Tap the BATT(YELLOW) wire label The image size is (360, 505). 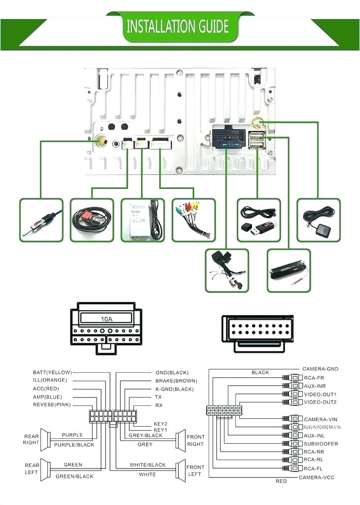point(52,372)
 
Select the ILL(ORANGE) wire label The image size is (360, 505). point(50,380)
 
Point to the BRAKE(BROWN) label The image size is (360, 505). point(176,381)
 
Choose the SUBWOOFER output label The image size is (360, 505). point(321,444)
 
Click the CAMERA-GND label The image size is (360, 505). point(321,369)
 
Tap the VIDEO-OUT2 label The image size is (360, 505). point(320,402)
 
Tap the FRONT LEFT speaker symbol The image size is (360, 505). point(180,470)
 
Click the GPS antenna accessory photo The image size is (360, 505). point(318,220)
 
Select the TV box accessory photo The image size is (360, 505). point(143,220)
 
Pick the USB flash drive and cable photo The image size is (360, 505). point(258,220)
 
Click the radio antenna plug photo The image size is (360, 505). point(41,220)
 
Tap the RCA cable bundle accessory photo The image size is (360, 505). point(193,220)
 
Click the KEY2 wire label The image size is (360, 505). point(161,424)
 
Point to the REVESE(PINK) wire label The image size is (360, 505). point(52,405)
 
